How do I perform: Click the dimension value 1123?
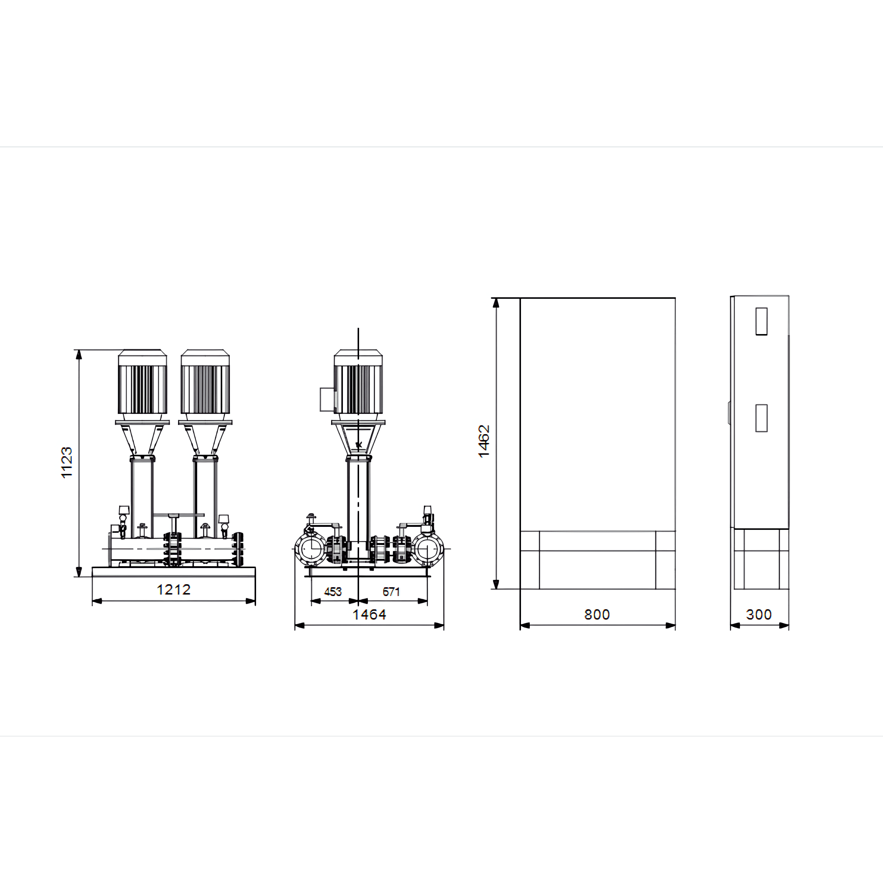click(x=67, y=462)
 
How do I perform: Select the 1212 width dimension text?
click(x=174, y=589)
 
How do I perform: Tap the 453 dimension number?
click(x=333, y=592)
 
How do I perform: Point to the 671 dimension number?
click(x=391, y=592)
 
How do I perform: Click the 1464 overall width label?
click(x=369, y=614)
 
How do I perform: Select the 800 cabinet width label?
click(x=597, y=614)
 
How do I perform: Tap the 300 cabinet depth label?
click(x=759, y=614)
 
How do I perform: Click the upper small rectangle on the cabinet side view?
click(x=762, y=321)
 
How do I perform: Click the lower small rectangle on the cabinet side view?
click(x=762, y=418)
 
